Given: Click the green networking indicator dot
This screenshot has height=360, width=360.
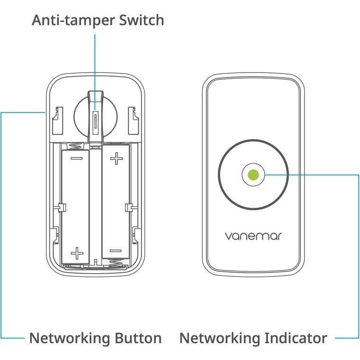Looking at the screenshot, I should [253, 174].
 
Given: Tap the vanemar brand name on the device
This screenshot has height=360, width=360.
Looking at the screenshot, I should [253, 235].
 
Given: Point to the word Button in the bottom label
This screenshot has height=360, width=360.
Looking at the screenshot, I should [138, 338].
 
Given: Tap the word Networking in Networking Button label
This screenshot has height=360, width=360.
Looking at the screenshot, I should [70, 338].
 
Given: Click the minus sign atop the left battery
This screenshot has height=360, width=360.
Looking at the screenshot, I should [76, 158].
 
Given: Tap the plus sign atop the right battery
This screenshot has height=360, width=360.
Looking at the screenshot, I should [116, 158].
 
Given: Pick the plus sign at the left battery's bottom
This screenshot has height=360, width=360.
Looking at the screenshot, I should [76, 251].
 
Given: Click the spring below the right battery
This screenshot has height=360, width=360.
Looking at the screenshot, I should [115, 263].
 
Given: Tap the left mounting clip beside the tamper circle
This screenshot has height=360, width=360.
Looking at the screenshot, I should [57, 119].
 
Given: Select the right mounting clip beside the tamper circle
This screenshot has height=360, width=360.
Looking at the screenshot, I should [133, 119].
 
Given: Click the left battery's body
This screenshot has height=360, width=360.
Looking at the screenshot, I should [76, 204].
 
